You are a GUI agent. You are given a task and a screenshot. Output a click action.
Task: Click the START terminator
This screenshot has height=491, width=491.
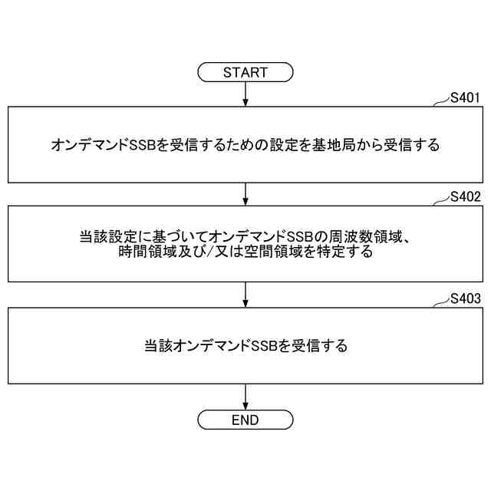pos(245,73)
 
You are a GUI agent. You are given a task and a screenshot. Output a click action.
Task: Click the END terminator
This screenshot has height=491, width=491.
pos(245,420)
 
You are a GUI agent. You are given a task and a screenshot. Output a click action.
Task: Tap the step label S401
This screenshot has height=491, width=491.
pos(465,97)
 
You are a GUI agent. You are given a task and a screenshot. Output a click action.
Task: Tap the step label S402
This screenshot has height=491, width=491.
pos(465,197)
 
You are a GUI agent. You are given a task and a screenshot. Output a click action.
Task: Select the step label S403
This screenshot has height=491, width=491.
pos(465,298)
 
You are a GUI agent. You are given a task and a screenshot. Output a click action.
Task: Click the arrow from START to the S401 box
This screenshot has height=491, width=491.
pos(245,94)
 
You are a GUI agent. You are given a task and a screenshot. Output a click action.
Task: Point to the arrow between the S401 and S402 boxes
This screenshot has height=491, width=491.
pos(245,193)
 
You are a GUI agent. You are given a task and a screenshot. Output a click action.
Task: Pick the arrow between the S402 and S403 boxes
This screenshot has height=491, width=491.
pos(245,294)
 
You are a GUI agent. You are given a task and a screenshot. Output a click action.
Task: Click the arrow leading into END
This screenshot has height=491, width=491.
pos(245,396)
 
